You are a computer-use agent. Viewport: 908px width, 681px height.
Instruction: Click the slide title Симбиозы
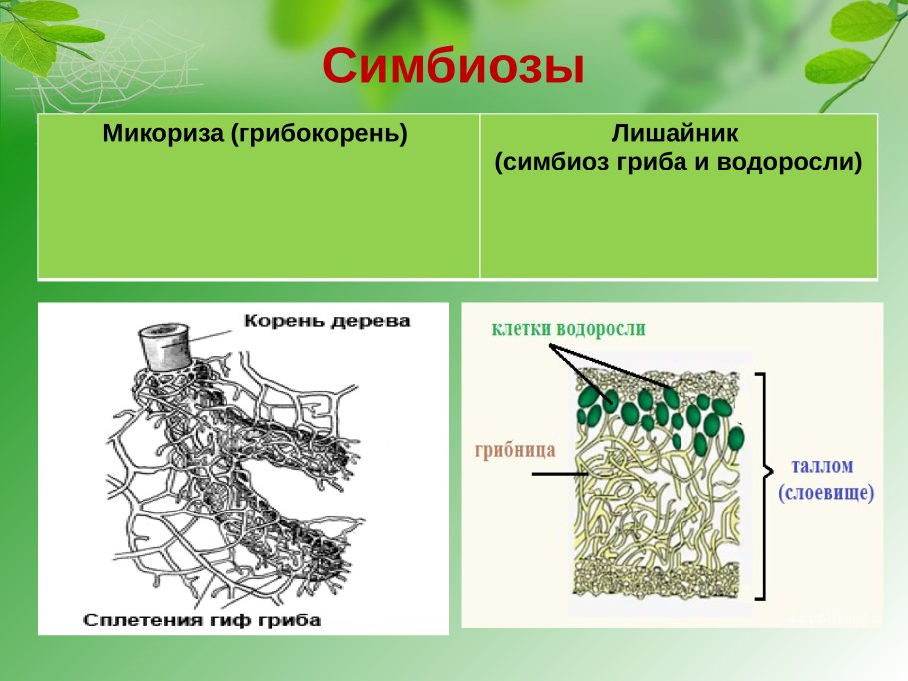coord(452,66)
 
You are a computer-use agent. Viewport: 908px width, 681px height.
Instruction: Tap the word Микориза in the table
coord(163,133)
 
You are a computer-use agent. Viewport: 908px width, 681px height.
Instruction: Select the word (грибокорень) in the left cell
coord(320,134)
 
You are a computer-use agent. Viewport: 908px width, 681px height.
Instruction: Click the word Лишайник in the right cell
coord(679,134)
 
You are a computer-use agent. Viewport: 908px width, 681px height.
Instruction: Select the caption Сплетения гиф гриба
coord(203,620)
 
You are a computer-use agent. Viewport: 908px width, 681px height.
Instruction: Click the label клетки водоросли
coord(568,329)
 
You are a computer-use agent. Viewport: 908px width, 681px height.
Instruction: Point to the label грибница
coord(515,449)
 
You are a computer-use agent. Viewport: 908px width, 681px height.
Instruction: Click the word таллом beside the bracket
coord(822,466)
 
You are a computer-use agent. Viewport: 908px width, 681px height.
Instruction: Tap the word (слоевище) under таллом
coord(826,492)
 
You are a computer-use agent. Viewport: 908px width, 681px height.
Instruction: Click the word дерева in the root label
coord(370,321)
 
